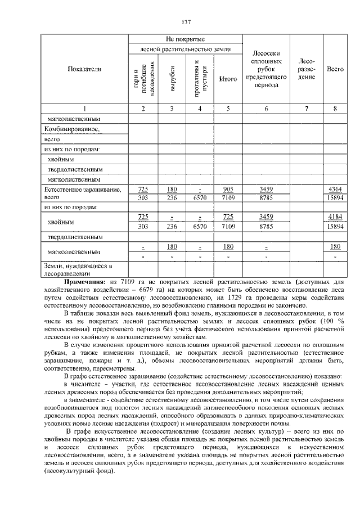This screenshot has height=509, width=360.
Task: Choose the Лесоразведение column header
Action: [x=307, y=69]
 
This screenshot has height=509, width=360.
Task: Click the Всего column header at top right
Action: [x=335, y=69]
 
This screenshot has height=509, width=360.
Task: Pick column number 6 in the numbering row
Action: [x=266, y=109]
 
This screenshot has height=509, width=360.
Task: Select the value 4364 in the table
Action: [x=335, y=190]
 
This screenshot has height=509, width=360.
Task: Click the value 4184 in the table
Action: [x=335, y=217]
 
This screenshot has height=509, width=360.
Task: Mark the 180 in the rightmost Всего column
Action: [x=335, y=246]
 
